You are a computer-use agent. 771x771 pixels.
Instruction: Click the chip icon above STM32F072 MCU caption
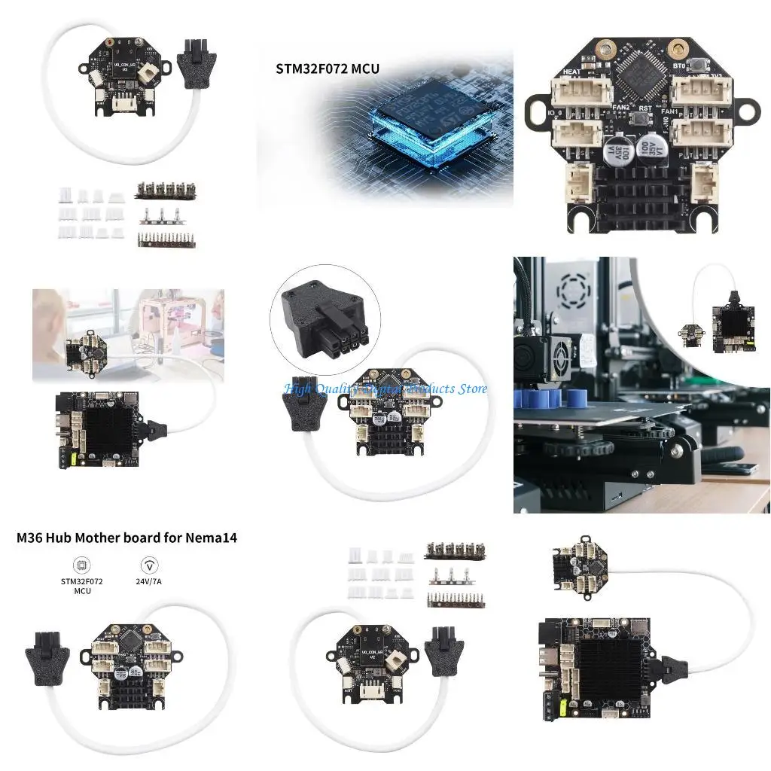tap(81, 565)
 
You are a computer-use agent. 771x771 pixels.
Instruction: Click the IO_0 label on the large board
tap(558, 113)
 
